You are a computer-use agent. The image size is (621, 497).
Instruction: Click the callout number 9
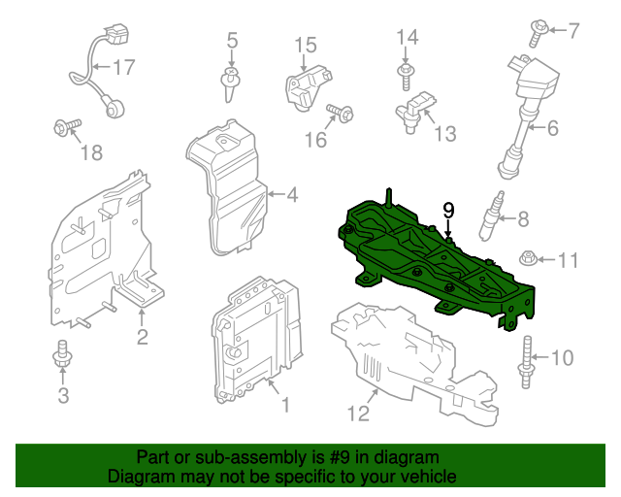click(448, 209)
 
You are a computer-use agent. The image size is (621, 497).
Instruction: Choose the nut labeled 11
click(530, 259)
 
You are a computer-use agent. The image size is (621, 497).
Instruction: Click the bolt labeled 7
click(536, 32)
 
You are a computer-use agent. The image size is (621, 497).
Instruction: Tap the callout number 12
click(358, 414)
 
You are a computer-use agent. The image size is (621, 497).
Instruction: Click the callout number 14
click(407, 37)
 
